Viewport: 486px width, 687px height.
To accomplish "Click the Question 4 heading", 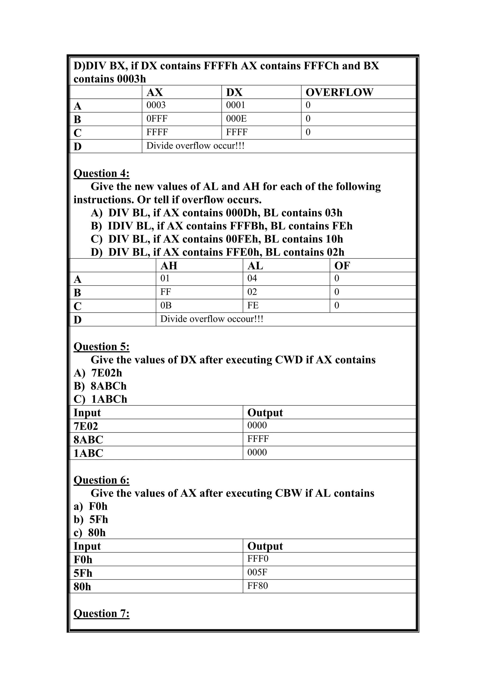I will pos(102,174).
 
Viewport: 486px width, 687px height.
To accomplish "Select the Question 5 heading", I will pos(102,347).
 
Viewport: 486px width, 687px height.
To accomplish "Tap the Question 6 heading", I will pos(102,480).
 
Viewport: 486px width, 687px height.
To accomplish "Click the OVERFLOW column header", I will pos(339,93).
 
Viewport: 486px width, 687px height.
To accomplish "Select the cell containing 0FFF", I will pos(157,119).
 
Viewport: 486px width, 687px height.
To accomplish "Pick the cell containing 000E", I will pos(236,119).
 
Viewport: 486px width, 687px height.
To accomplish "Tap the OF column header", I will pos(342,266).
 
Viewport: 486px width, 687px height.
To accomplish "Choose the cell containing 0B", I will pos(166,306).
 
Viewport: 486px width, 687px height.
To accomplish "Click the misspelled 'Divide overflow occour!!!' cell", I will pos(212,319).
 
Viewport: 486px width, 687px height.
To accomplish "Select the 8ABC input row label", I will pos(88,440).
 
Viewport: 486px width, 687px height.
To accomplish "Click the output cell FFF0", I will pos(258,559).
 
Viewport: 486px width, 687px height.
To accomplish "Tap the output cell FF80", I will pos(257,585).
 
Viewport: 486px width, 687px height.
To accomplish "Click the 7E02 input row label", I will pos(86,426).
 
